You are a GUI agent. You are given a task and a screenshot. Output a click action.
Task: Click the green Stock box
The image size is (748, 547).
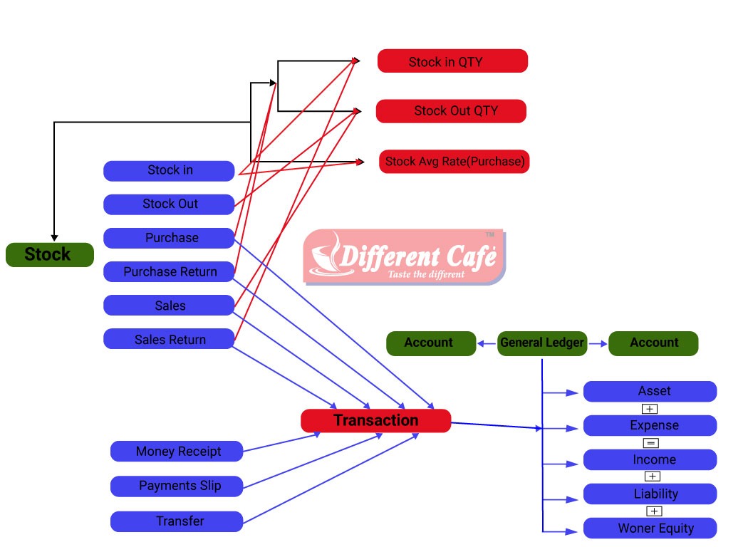tap(49, 254)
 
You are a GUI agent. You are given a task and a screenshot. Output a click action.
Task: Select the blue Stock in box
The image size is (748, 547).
tap(169, 170)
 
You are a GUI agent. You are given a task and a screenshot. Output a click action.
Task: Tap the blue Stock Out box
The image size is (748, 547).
tap(169, 204)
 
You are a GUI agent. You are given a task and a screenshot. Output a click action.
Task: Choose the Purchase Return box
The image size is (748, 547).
tap(169, 271)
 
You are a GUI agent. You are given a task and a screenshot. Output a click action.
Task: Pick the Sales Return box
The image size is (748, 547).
tap(169, 339)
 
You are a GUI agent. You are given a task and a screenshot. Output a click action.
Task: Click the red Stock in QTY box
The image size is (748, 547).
tap(452, 61)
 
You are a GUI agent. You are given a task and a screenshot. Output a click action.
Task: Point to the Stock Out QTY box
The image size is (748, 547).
tap(451, 111)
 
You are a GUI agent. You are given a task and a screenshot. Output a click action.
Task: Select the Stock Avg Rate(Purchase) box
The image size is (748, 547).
tap(454, 162)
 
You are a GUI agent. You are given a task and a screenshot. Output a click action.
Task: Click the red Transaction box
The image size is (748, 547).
tap(375, 420)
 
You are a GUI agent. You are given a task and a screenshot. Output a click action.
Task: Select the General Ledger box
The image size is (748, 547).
tap(541, 343)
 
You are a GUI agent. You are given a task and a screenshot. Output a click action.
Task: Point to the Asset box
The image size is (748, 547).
tap(650, 391)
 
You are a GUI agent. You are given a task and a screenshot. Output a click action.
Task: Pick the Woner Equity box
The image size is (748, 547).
tap(650, 528)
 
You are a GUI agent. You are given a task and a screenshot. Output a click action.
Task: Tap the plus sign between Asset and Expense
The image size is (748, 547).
tap(649, 408)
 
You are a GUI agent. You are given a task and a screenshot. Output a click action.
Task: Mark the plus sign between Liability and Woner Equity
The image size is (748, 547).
tap(653, 511)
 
